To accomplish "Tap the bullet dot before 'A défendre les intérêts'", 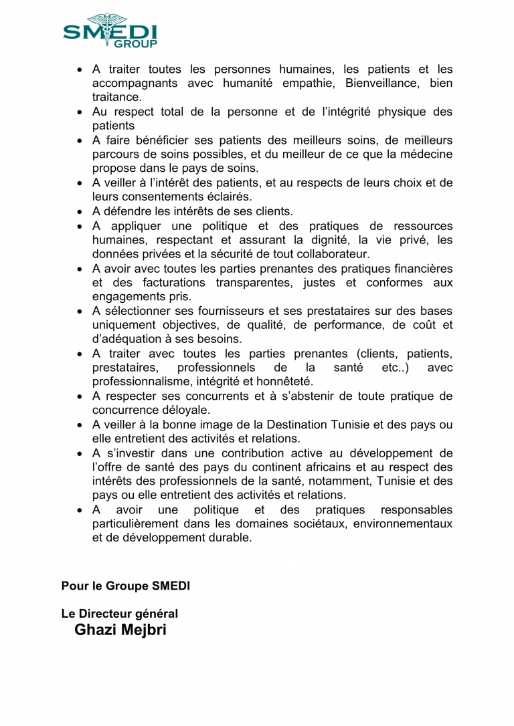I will tap(80, 212).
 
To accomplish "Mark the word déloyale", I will tap(181, 410).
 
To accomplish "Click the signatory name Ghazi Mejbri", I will tap(120, 630).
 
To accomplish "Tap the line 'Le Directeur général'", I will tap(120, 613).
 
